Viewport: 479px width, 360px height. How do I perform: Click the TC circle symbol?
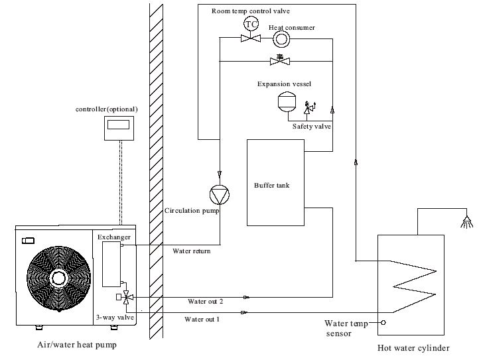(x=251, y=24)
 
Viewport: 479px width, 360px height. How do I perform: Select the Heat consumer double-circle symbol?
(x=281, y=39)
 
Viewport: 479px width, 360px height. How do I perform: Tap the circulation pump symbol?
(x=220, y=195)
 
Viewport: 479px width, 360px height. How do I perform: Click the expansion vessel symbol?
(x=287, y=102)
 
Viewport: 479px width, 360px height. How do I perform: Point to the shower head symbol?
(x=466, y=222)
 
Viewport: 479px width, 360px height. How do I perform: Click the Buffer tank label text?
(x=271, y=186)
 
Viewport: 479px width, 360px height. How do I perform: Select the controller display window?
(x=118, y=125)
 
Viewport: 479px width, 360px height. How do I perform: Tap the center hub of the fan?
(x=58, y=278)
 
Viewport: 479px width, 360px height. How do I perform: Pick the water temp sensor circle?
(x=383, y=322)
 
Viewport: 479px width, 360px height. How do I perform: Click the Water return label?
(x=192, y=251)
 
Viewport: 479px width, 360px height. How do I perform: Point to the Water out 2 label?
(x=205, y=302)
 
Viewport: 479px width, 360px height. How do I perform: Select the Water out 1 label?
(x=202, y=320)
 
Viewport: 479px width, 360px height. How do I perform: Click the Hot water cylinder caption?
(x=413, y=348)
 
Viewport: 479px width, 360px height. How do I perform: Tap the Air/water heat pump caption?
(x=77, y=345)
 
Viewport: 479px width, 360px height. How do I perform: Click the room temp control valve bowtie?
(x=251, y=38)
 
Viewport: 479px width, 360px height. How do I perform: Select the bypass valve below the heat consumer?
(x=280, y=60)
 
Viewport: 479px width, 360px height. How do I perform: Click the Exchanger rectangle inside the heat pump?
(x=111, y=264)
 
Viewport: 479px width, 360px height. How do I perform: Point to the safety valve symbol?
(x=309, y=107)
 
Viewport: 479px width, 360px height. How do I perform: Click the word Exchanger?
(x=114, y=237)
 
